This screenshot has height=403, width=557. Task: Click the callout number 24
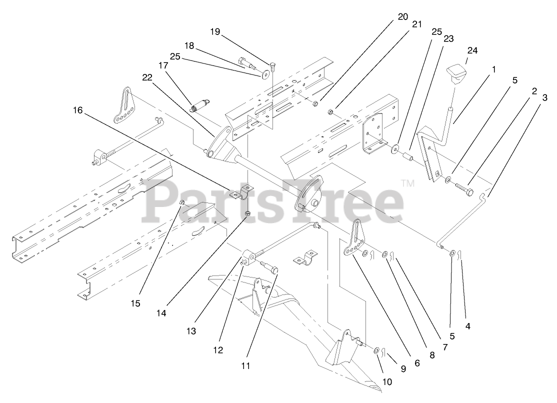(x=472, y=50)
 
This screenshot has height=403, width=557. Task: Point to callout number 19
(x=215, y=32)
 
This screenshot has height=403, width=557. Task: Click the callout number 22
(x=146, y=77)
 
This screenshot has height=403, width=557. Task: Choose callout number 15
(x=136, y=303)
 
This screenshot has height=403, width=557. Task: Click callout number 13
(x=192, y=330)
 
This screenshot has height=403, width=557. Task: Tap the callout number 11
(x=245, y=365)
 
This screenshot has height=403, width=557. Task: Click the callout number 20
(x=402, y=16)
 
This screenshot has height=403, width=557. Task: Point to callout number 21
(x=416, y=23)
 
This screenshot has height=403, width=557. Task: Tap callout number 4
(x=468, y=326)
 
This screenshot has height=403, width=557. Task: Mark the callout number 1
(x=493, y=69)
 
